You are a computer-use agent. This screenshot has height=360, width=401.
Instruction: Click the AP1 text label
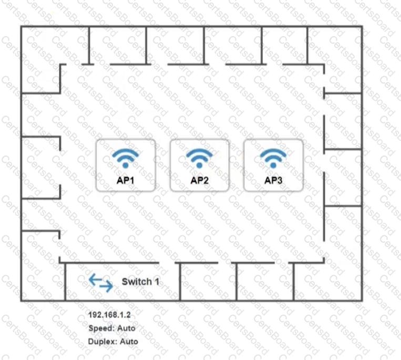[x=125, y=180]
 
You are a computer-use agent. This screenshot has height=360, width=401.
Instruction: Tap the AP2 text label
[x=200, y=180]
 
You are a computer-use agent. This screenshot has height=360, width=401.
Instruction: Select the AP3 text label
[x=273, y=180]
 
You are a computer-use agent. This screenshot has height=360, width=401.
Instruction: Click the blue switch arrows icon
[x=101, y=283]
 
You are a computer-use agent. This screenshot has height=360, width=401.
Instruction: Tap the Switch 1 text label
[x=140, y=282]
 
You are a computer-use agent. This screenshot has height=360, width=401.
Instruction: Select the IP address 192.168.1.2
[x=109, y=315]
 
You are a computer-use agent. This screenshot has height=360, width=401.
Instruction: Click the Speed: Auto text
[x=112, y=328]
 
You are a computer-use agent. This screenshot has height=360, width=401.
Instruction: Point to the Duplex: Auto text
[x=113, y=341]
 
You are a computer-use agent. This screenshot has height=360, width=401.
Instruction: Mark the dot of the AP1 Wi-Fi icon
[x=125, y=166]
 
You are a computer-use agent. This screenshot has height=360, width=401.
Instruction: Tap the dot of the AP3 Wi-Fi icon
[x=273, y=166]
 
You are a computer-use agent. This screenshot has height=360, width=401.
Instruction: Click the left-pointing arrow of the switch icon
[x=96, y=280]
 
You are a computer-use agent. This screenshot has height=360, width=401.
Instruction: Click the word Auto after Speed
[x=126, y=328]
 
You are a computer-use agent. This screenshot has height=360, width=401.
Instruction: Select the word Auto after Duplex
[x=129, y=341]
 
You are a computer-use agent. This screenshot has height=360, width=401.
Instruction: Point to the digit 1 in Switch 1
[x=157, y=282]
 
